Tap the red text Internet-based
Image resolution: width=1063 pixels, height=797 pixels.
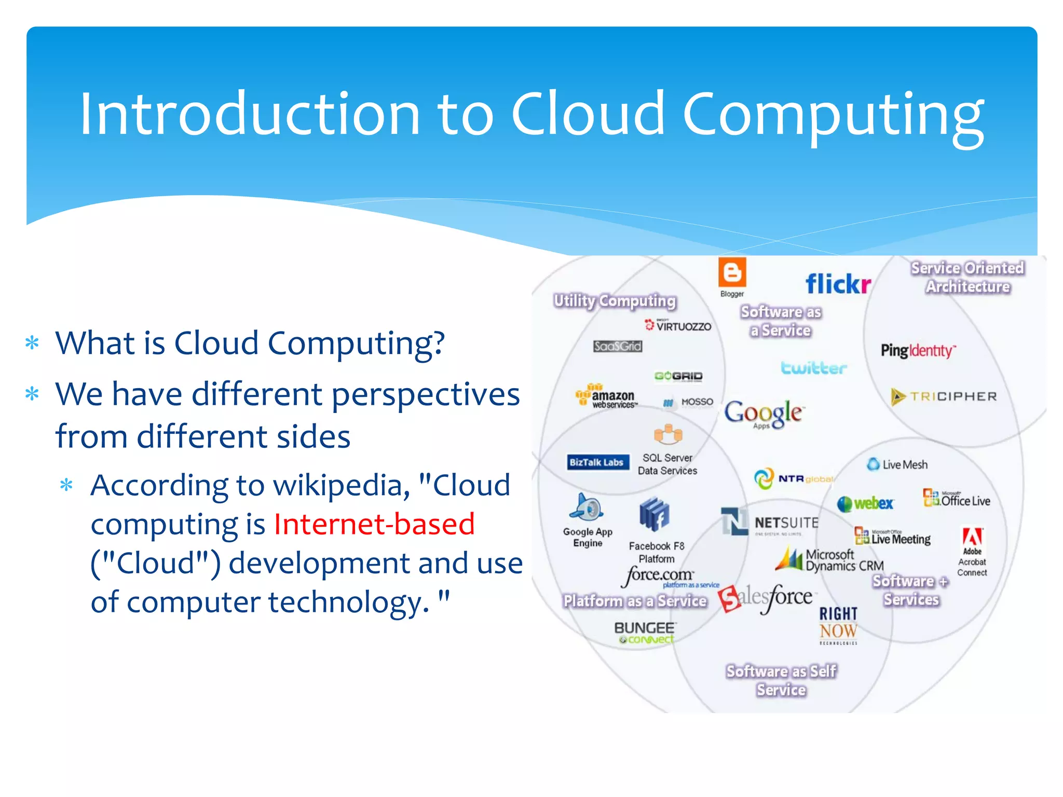point(374,524)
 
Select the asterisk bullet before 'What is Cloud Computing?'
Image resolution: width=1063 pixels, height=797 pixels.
point(32,343)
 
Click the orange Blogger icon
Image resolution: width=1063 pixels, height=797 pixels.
point(732,272)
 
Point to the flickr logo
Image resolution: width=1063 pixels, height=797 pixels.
point(838,284)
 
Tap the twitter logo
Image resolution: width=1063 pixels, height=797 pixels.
point(813,368)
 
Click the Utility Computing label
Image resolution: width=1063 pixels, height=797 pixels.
point(615,301)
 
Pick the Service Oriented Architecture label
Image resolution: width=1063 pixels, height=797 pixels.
point(967,277)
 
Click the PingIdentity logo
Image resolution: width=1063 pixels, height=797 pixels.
point(918,351)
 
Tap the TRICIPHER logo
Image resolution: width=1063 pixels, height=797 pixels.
point(944,396)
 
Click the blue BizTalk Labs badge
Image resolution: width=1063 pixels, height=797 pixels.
point(596,462)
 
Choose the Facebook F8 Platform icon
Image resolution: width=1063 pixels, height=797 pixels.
point(654,514)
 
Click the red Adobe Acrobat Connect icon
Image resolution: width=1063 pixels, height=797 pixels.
point(972,537)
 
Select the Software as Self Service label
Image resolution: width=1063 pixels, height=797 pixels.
point(781,680)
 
